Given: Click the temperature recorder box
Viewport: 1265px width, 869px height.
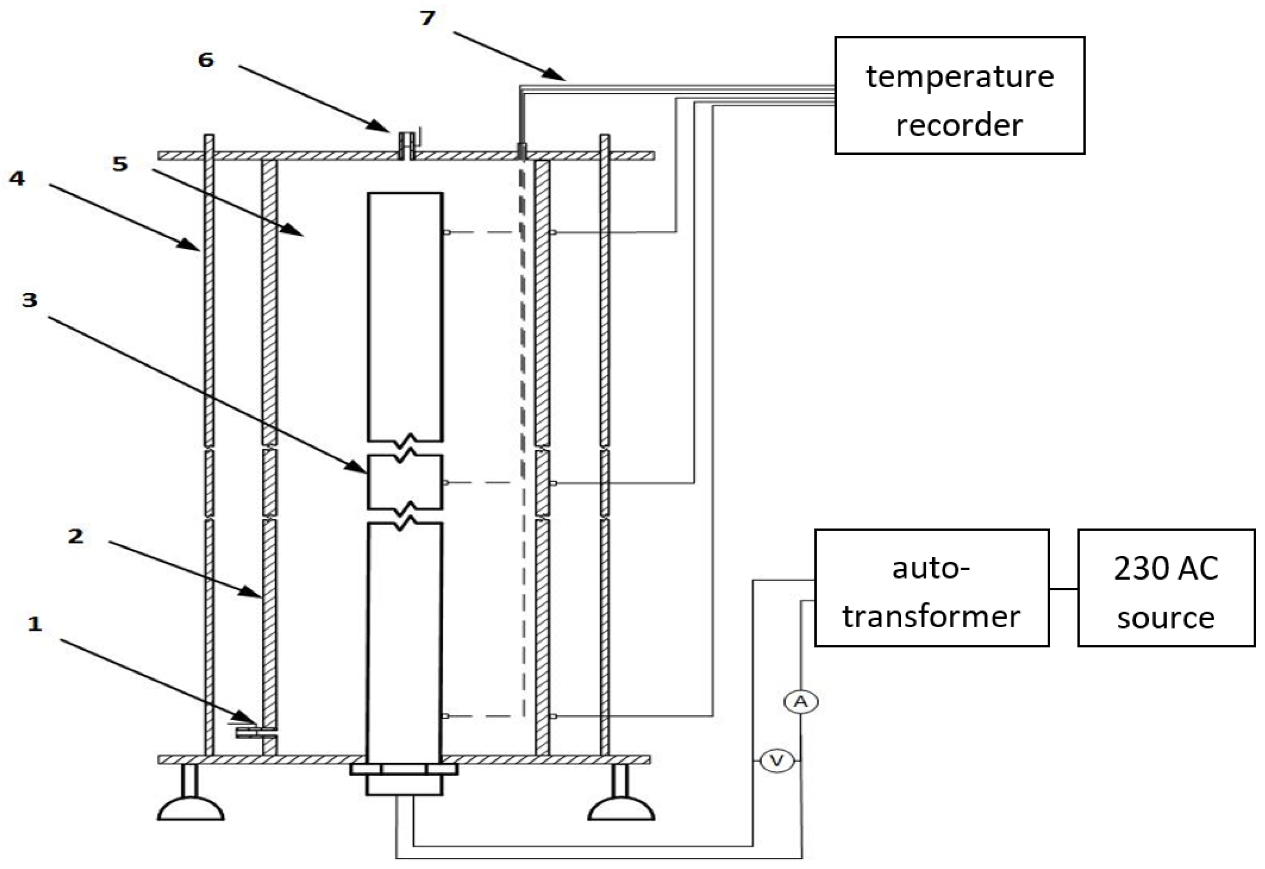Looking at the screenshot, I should [960, 95].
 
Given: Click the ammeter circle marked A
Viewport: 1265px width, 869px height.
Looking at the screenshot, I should [801, 702].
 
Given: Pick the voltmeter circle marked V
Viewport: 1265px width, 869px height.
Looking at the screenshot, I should [776, 760].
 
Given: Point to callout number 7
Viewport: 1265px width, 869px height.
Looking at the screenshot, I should [427, 18].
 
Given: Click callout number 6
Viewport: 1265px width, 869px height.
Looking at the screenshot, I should [206, 60].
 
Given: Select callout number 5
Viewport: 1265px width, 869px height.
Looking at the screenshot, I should [120, 164].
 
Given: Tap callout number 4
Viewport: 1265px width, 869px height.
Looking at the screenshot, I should [17, 178].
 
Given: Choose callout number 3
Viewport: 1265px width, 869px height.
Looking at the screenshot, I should [29, 299].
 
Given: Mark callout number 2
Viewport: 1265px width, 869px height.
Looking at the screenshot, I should [76, 536].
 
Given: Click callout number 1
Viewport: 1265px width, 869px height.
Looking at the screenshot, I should [35, 623].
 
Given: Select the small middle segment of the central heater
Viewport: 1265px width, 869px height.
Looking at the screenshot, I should [404, 482].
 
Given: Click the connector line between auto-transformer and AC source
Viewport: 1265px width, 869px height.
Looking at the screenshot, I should [1063, 589].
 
